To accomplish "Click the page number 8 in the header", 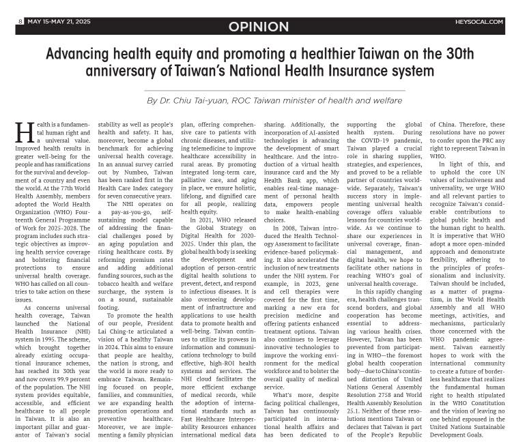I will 20,21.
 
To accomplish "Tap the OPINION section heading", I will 259,27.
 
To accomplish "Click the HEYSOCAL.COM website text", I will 481,22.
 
